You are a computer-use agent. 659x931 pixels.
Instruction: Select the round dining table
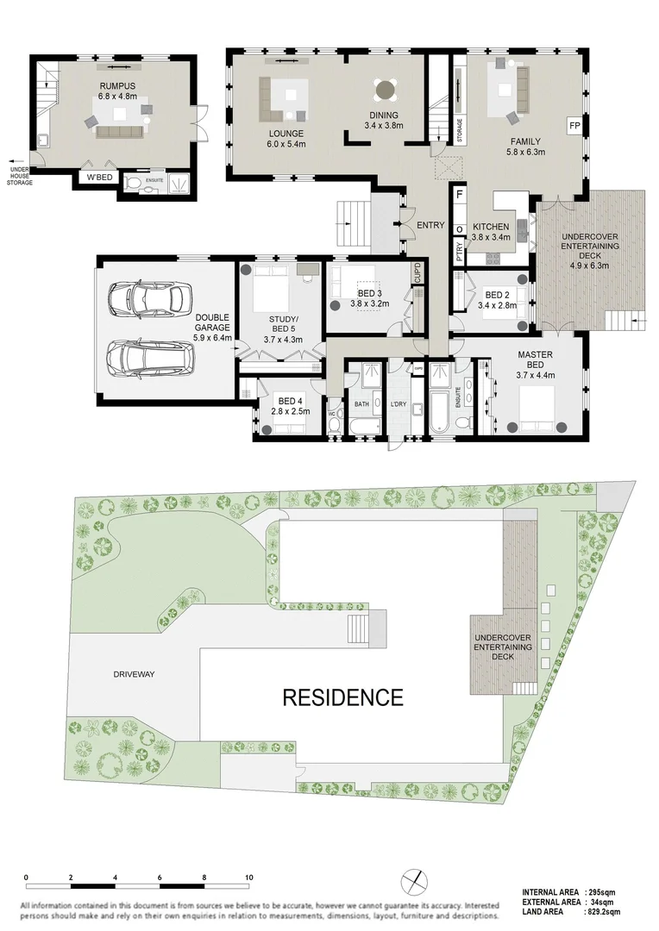(x=386, y=90)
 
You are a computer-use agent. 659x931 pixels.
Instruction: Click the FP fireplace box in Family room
(x=574, y=127)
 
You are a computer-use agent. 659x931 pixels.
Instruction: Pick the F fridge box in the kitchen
(x=460, y=196)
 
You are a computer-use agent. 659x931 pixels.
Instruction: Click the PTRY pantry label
(x=460, y=252)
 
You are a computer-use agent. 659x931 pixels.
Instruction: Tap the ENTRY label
(x=430, y=226)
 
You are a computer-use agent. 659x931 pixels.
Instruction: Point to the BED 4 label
(x=287, y=401)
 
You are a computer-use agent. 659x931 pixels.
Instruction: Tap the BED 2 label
(x=498, y=293)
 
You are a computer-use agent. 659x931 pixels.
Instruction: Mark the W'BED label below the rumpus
(x=91, y=179)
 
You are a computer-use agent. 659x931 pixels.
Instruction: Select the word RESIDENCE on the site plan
(x=342, y=697)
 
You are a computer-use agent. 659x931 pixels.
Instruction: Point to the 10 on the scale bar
(x=249, y=877)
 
